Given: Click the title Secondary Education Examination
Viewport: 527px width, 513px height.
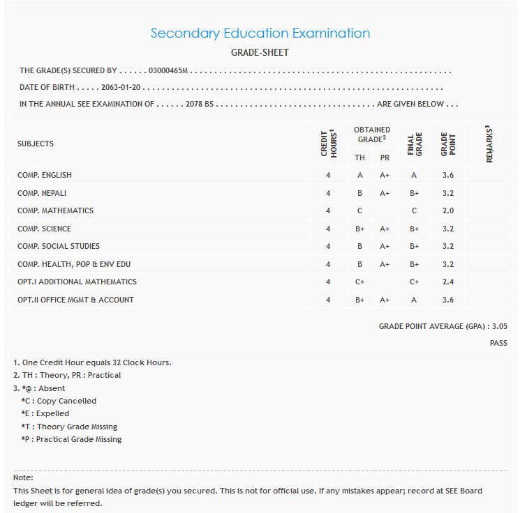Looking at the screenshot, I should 260,33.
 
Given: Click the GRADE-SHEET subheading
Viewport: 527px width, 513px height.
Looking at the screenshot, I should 260,53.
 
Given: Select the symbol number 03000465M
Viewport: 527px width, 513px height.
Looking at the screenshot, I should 169,71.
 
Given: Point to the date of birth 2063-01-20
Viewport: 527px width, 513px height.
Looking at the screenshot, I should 121,89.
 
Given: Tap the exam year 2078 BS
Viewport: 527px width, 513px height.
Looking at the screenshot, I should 200,105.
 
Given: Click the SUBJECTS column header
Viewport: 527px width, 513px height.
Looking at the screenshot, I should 36,144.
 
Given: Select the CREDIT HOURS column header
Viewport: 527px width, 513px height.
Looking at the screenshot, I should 328,144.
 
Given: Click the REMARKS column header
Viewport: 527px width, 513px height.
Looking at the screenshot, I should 489,144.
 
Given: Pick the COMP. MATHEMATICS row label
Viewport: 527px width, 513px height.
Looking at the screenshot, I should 55,210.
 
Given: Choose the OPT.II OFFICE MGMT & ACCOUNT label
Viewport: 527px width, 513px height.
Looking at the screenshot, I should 75,300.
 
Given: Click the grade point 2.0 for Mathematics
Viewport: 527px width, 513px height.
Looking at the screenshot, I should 448,210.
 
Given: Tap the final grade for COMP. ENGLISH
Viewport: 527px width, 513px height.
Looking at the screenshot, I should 414,175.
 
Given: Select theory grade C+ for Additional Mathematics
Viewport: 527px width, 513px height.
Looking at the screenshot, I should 359,282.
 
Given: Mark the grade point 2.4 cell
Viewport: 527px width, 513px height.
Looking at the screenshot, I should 448,282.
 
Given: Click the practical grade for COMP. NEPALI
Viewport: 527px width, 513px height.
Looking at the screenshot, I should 385,193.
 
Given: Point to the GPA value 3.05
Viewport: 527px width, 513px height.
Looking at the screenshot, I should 499,326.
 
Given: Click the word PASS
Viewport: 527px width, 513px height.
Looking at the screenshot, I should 498,344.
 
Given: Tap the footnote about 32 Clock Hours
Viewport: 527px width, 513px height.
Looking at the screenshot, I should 92,362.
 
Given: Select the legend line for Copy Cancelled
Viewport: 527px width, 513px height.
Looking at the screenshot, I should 59,401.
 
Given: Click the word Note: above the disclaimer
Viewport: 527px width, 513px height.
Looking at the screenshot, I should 23,477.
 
